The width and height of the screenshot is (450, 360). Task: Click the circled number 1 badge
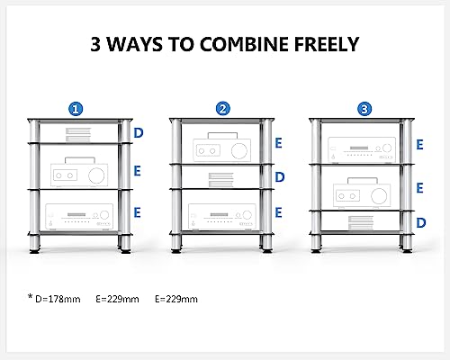[x=77, y=108]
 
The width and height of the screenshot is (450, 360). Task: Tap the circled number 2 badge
[x=222, y=108]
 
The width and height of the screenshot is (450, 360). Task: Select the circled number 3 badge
[x=363, y=108]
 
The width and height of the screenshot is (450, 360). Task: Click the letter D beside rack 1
[x=138, y=132]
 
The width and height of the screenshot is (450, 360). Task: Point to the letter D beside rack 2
[x=280, y=177]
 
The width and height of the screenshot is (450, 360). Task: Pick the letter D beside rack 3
[x=421, y=221]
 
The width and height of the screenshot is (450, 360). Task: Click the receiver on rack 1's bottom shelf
[x=76, y=216]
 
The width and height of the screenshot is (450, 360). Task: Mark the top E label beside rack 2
[x=280, y=142]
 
